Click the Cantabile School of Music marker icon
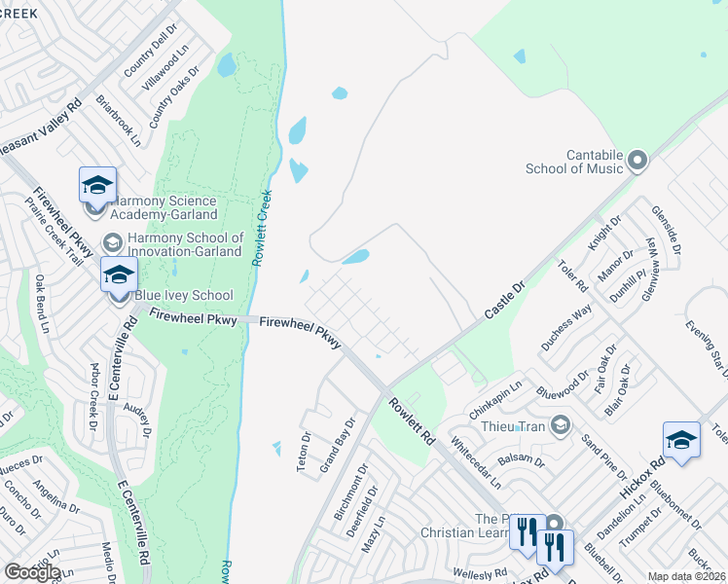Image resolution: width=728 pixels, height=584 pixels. coord(638,160)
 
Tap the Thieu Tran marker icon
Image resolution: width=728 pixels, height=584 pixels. coord(560,424)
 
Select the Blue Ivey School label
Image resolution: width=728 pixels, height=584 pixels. coord(184,295)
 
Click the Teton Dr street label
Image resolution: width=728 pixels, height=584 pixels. coord(303,452)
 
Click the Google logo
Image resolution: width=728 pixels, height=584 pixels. coord(32,572)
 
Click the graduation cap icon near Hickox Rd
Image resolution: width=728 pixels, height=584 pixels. coord(681,439)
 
